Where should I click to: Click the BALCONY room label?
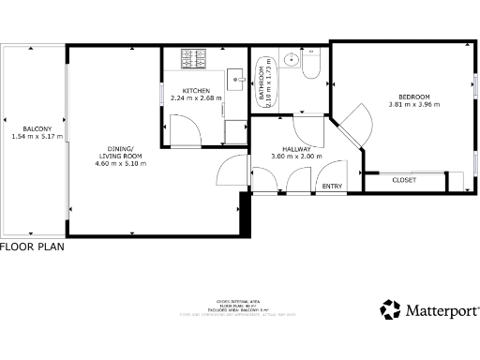point(37,128)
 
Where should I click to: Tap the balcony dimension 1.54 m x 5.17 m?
point(37,137)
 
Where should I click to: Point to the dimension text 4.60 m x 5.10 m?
point(117,165)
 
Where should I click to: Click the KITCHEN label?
point(196,90)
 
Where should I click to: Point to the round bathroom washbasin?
point(291,61)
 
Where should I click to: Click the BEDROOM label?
point(413,97)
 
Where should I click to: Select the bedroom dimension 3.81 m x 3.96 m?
point(413,104)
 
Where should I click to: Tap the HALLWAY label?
point(296,148)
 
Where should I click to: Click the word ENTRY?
point(333,186)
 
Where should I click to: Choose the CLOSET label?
point(404,179)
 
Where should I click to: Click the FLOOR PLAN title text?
point(32,247)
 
